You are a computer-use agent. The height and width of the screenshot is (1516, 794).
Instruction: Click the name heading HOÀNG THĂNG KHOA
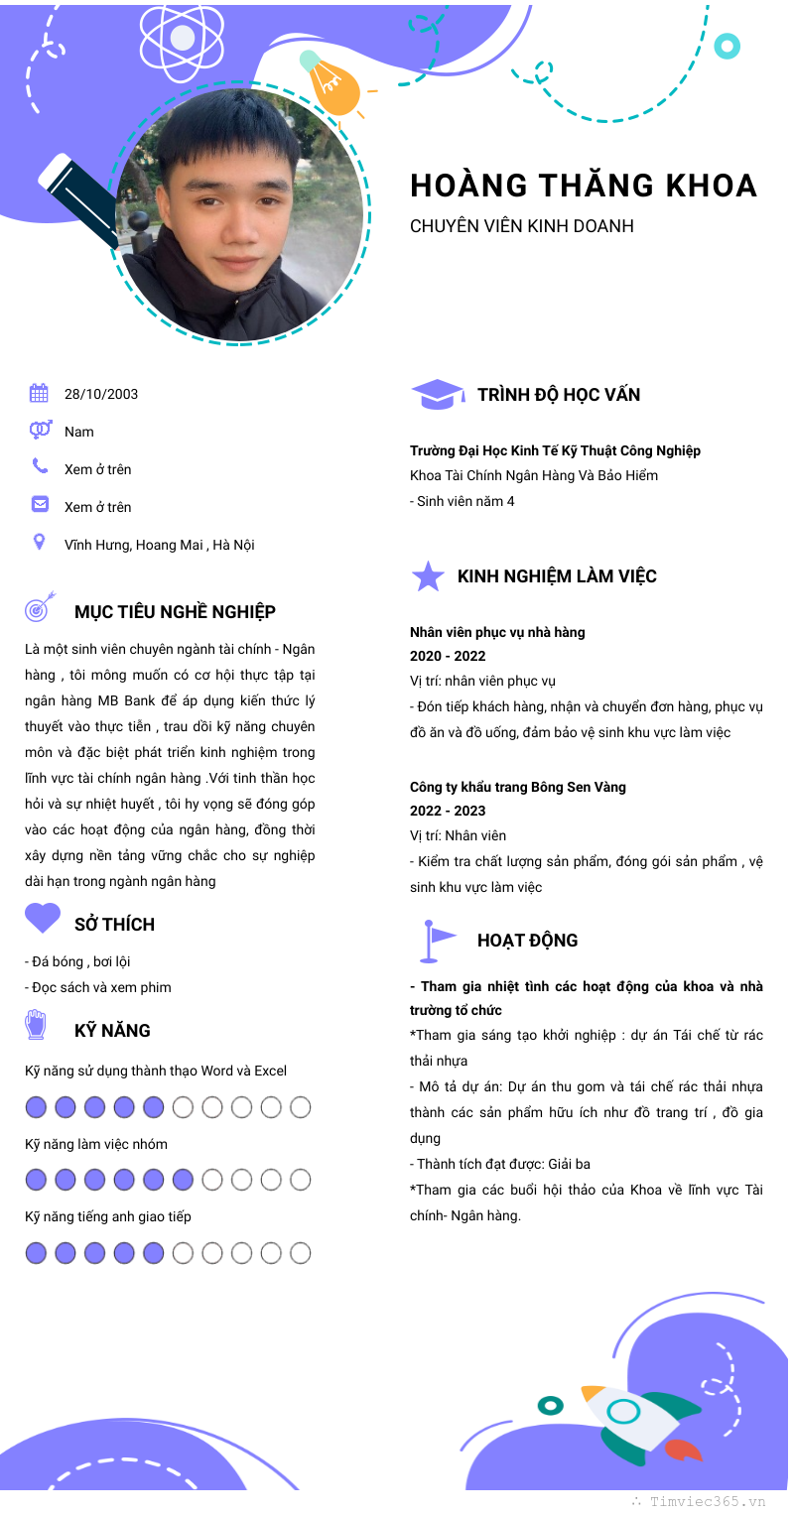click(584, 186)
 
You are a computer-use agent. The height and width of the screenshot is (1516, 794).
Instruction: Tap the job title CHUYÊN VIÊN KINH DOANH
click(521, 226)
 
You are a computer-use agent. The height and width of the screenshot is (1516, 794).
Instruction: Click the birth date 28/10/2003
click(101, 394)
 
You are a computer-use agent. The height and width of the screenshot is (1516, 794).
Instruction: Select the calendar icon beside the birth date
click(40, 394)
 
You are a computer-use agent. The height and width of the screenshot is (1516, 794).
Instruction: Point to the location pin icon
click(40, 542)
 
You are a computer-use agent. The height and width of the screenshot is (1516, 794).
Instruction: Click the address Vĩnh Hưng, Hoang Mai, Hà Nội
click(159, 545)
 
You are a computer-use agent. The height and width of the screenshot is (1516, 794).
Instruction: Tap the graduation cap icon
click(437, 395)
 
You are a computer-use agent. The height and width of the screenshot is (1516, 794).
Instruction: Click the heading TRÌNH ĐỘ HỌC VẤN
click(559, 395)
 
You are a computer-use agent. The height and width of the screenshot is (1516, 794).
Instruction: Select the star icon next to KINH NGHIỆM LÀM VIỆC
click(428, 576)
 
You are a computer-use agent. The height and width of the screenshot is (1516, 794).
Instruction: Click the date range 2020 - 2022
click(448, 656)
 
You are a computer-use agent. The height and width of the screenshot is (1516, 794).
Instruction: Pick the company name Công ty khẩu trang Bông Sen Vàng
click(518, 787)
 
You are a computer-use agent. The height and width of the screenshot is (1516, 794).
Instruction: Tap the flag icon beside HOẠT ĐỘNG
click(437, 941)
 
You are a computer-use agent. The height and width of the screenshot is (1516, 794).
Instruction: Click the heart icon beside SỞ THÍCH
click(43, 918)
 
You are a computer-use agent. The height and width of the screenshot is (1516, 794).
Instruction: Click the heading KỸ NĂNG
click(112, 1031)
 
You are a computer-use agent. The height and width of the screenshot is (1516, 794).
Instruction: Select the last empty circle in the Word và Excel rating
click(301, 1107)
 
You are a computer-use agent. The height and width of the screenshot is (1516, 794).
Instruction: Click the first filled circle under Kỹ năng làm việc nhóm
click(36, 1180)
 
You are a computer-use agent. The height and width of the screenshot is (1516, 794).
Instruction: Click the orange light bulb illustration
click(332, 84)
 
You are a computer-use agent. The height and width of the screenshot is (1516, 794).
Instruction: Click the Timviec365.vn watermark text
click(708, 1502)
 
